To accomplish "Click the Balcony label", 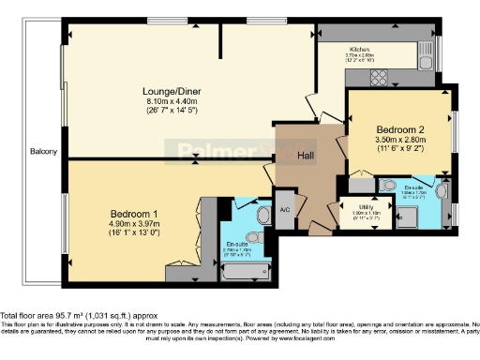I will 43,152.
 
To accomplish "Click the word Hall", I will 306,156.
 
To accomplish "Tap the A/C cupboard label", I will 285,210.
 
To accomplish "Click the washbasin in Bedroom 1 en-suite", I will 242,206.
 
